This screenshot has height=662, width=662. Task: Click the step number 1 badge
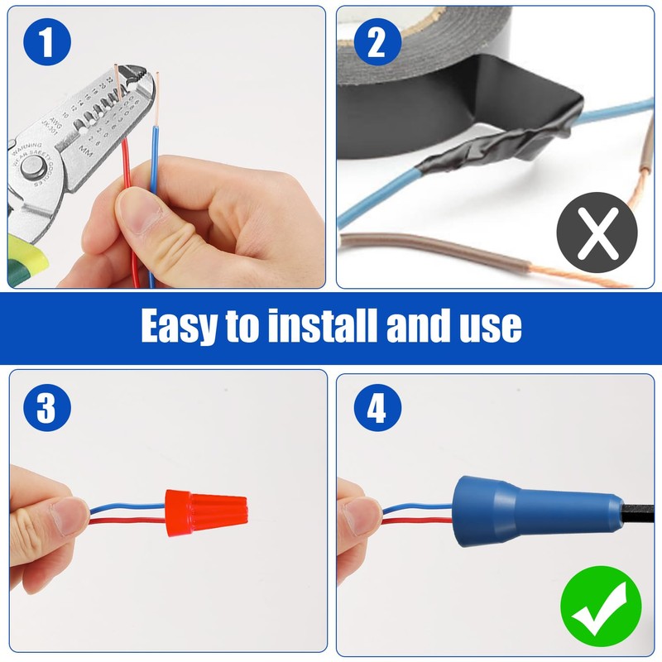pos(47,41)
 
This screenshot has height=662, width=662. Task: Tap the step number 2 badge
pos(377,41)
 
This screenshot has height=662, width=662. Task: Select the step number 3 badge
pos(47,408)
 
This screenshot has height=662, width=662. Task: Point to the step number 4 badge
pos(377,408)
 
